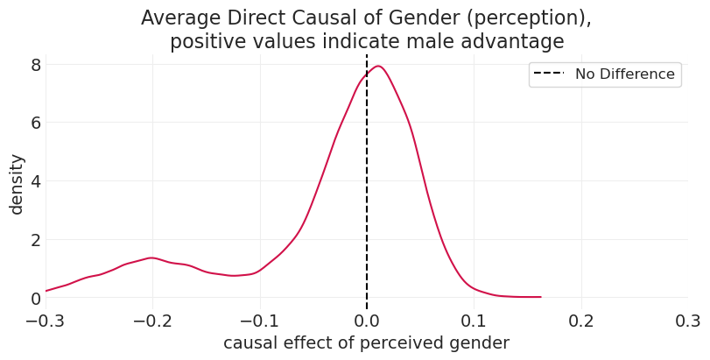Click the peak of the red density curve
click(x=378, y=66)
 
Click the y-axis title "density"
click(x=17, y=184)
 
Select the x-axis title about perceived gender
click(x=366, y=343)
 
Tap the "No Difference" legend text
click(x=624, y=74)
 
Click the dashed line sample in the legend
click(x=550, y=74)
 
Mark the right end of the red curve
click(x=540, y=297)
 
